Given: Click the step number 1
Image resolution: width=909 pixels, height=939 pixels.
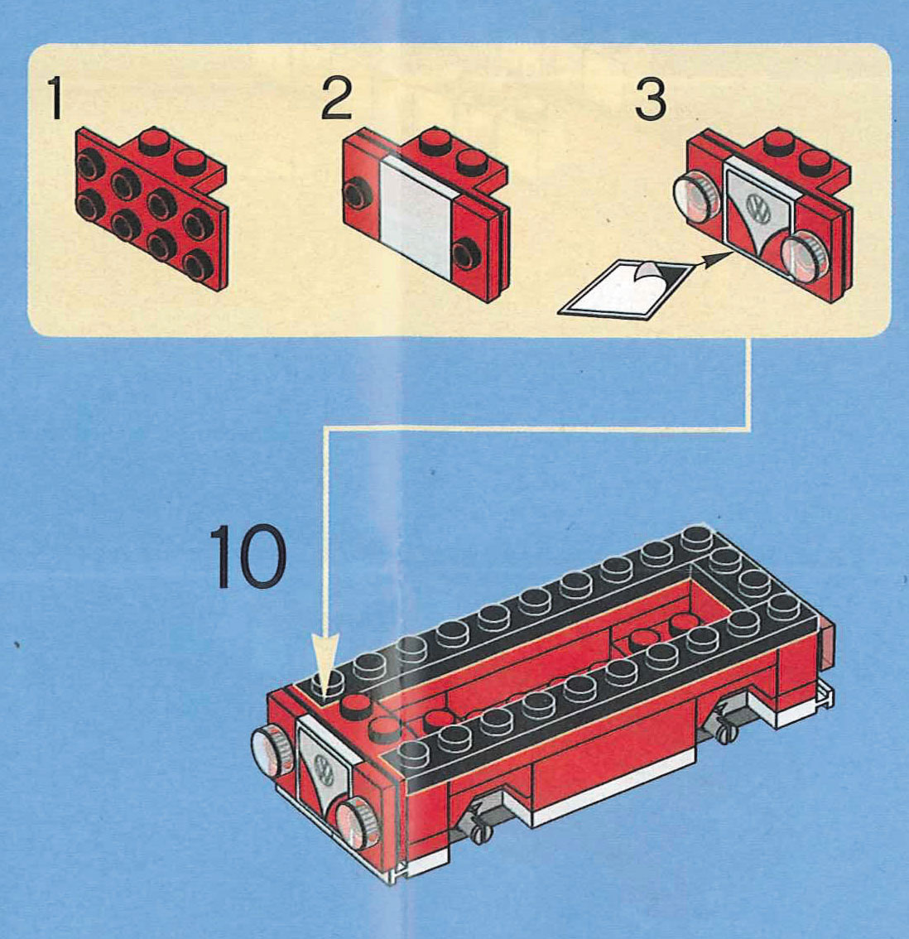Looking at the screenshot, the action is pos(55,99).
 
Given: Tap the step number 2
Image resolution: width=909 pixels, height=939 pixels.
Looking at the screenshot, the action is pos(336,99).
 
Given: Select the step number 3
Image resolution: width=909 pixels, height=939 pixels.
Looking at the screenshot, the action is pos(650,99).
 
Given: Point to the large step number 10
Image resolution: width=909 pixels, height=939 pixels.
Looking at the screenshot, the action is pos(247,556).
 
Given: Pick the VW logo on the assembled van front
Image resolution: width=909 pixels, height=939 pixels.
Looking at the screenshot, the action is pos(324,768).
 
